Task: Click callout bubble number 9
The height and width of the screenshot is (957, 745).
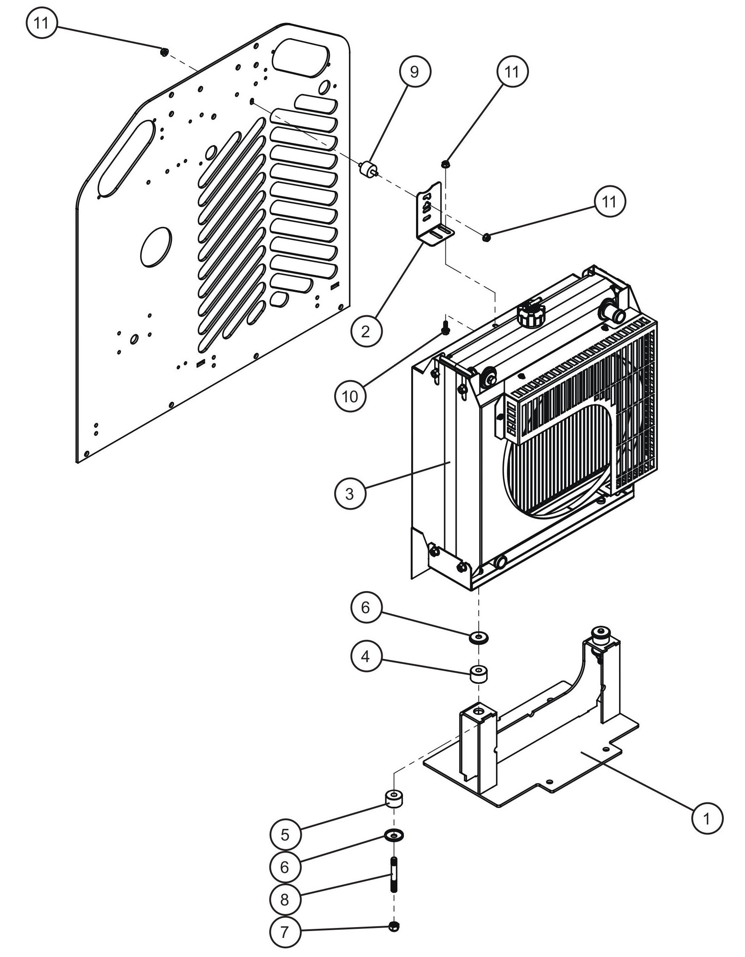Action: pyautogui.click(x=414, y=72)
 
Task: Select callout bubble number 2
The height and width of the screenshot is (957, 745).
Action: pyautogui.click(x=366, y=331)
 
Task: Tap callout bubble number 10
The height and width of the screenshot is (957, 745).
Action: pyautogui.click(x=349, y=397)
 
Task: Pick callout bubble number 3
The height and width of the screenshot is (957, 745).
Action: pyautogui.click(x=349, y=494)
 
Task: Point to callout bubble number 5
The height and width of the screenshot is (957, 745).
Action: pyautogui.click(x=285, y=835)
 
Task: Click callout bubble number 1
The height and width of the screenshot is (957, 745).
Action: pyautogui.click(x=707, y=818)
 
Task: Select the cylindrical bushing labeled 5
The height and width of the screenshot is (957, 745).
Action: pyautogui.click(x=394, y=799)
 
